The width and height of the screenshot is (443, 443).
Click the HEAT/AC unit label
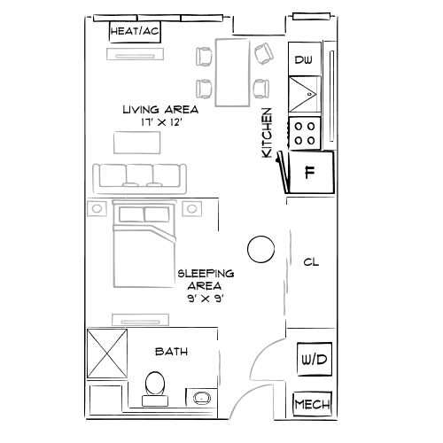click(x=136, y=32)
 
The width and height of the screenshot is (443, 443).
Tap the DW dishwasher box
click(x=304, y=60)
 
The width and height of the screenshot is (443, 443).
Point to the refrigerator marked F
click(x=310, y=172)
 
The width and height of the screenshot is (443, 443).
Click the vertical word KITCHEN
click(x=267, y=134)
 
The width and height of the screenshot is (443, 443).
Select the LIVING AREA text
click(x=159, y=110)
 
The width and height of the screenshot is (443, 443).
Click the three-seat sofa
click(x=140, y=176)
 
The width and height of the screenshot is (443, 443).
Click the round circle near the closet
click(x=260, y=250)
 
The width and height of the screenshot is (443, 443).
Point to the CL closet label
click(x=310, y=262)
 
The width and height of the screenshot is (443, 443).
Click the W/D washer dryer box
click(x=313, y=360)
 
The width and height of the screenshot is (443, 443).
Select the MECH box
click(x=313, y=406)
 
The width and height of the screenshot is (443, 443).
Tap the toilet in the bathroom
click(x=155, y=385)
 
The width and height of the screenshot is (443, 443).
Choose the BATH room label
click(x=171, y=352)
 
